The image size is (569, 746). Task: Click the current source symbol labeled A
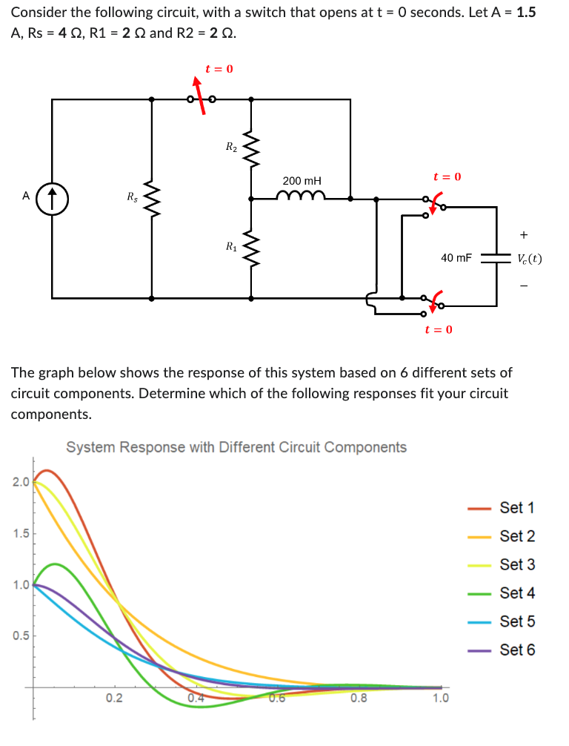tap(53, 197)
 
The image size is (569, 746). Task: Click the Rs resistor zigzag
tap(152, 198)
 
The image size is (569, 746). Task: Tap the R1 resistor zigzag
tap(251, 248)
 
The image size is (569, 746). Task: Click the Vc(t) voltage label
tap(529, 259)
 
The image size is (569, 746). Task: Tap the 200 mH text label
tap(302, 181)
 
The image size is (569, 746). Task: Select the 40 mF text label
tap(456, 258)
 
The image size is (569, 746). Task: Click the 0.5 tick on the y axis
tap(20, 636)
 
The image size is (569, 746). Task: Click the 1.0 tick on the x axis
tap(440, 698)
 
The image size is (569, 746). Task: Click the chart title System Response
tap(236, 447)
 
